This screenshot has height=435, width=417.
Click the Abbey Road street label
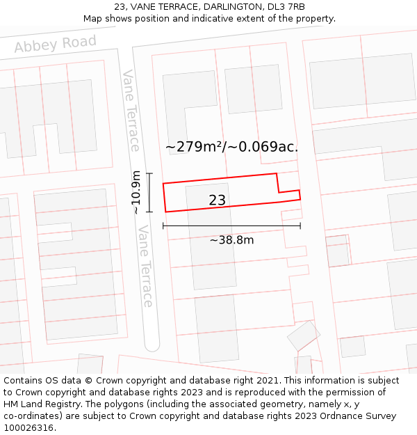pos(55,44)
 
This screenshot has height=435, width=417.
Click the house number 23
pos(217,200)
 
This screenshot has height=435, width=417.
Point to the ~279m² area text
pos(194,147)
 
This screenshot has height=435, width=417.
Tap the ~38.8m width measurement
pos(231,240)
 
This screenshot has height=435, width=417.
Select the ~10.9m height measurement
pos(136,193)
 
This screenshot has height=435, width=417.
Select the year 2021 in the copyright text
pos(267,381)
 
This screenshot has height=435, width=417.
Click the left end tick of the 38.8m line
pos(163,226)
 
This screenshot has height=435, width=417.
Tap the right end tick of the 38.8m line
pos(300,226)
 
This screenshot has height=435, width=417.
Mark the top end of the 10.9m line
pos(149,173)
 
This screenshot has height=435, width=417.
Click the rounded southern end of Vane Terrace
pos(152,345)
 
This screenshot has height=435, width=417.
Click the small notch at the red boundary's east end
pos(289,191)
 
